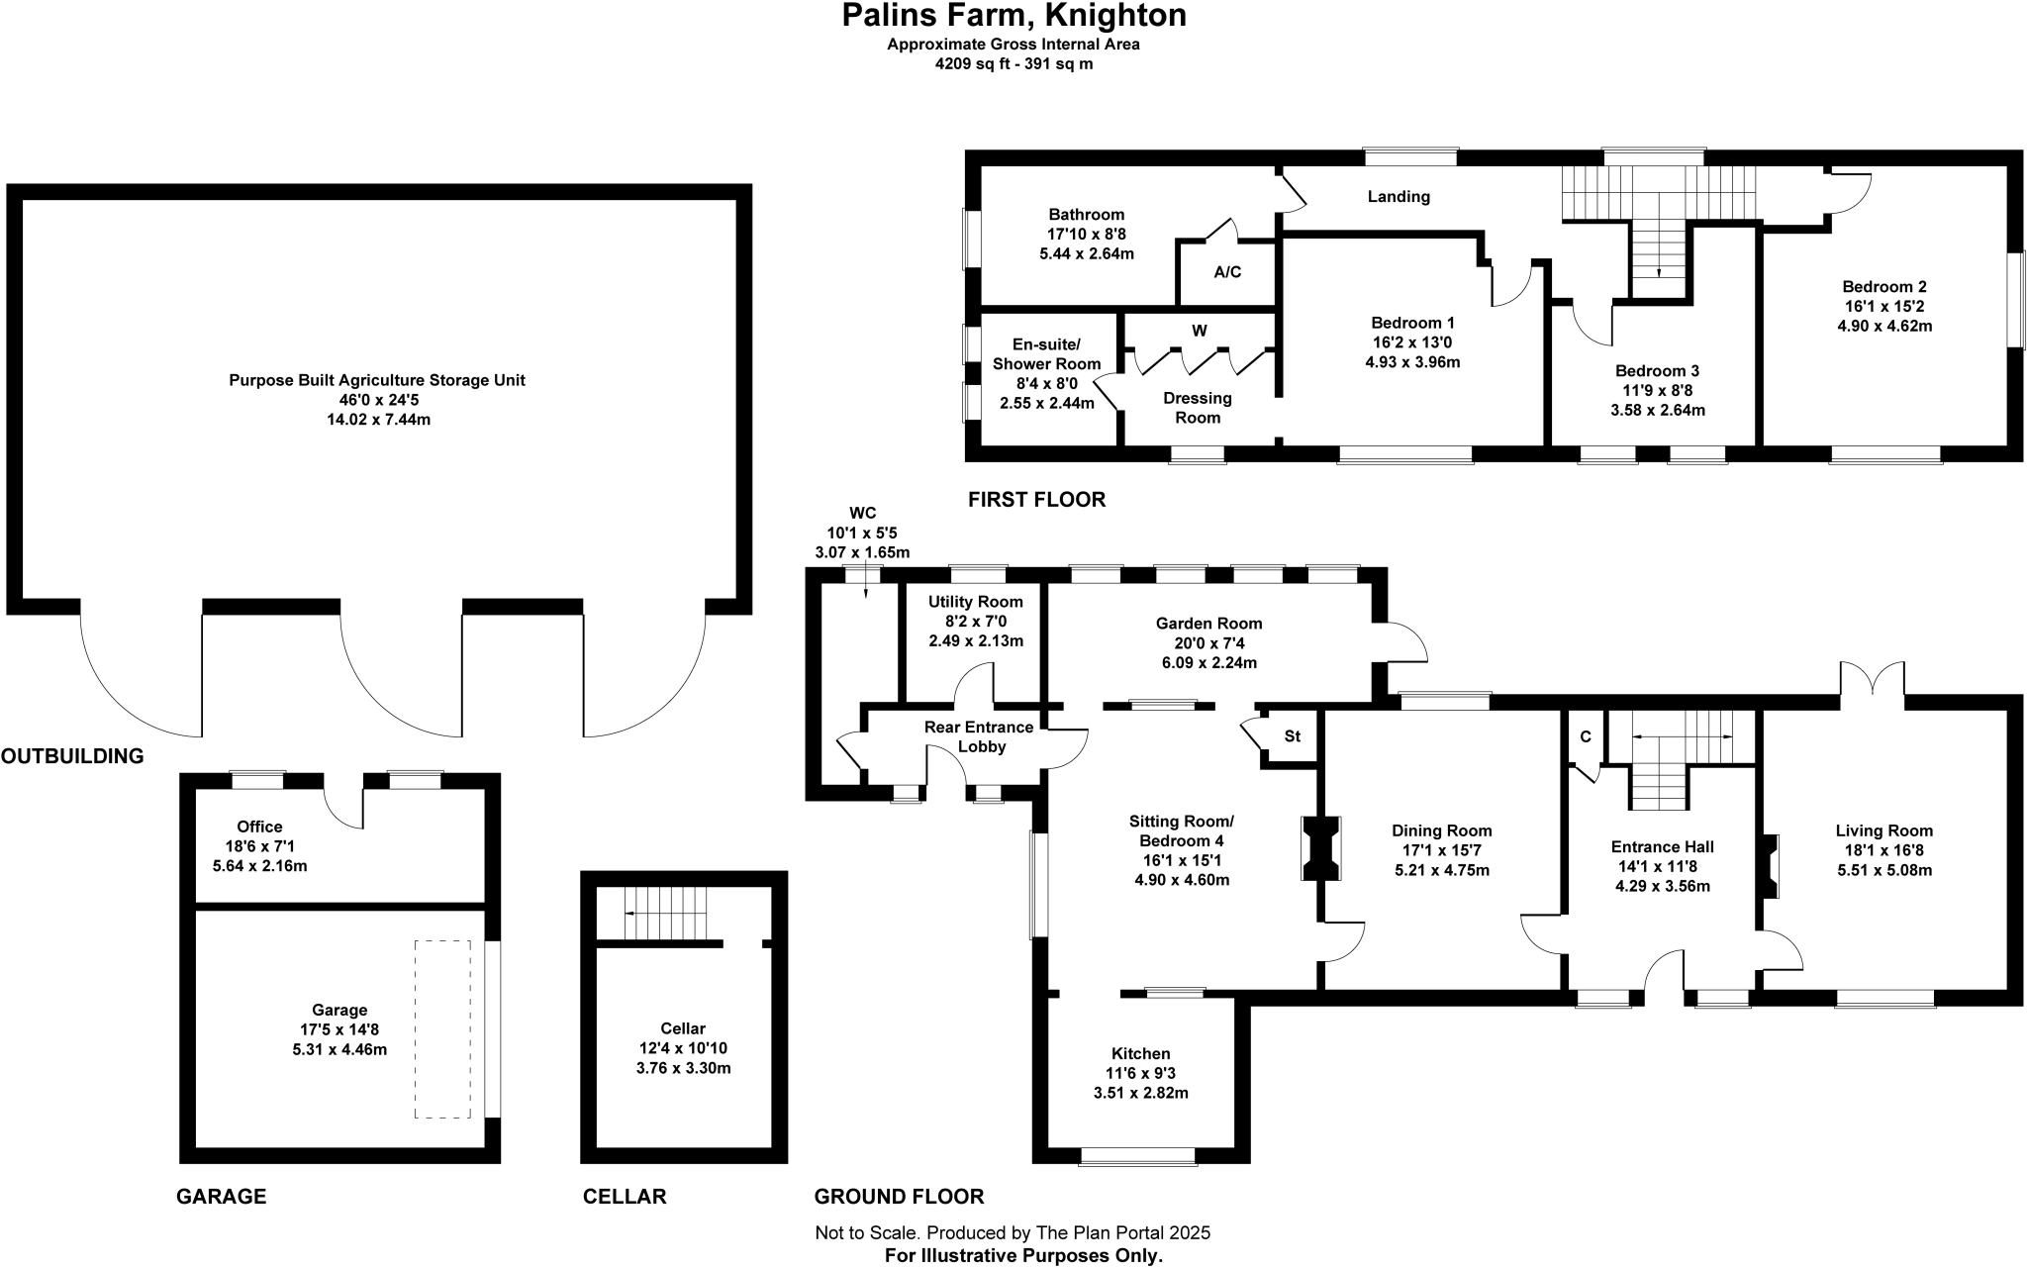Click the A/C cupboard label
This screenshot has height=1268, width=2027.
[x=1227, y=272]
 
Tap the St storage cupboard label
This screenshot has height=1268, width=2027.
[x=1292, y=736]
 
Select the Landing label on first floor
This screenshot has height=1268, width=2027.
[x=1399, y=197]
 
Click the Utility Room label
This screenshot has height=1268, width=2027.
[x=975, y=602]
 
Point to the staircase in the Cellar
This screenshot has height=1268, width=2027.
[x=667, y=913]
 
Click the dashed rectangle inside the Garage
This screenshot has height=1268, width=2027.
[x=441, y=1029]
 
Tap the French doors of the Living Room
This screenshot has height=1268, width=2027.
[x=1872, y=680]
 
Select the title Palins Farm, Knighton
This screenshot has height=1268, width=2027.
[x=1013, y=16]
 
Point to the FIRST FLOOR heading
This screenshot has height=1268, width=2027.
[x=1036, y=500]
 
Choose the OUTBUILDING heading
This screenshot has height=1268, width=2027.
[x=72, y=757]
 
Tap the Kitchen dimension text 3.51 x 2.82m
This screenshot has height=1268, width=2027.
[x=1140, y=1094]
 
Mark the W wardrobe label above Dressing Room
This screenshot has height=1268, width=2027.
[x=1199, y=331]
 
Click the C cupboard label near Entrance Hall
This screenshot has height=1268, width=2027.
[x=1585, y=737]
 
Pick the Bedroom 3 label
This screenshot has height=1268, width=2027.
[x=1657, y=371]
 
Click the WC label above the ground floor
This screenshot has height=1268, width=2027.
[x=862, y=513]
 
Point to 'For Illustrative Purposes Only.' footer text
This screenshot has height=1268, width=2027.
[x=1022, y=1256]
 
